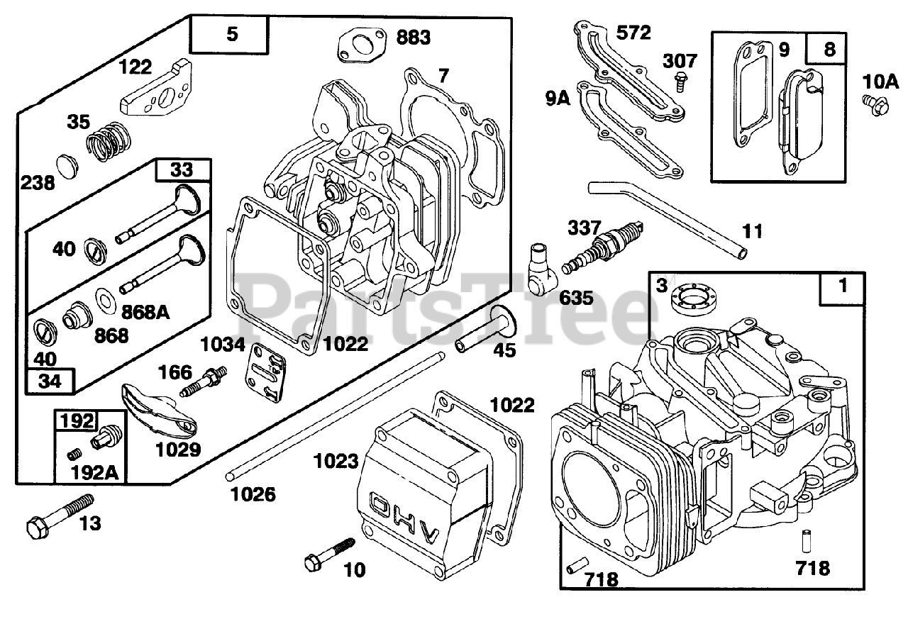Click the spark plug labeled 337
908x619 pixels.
603,248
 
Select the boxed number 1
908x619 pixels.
843,287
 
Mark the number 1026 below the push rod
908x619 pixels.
253,493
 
